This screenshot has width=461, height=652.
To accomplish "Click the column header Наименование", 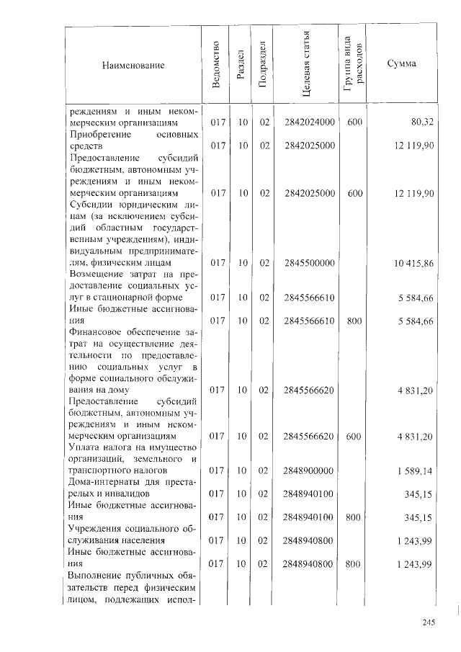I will (133, 66).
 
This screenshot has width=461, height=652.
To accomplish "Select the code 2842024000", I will (310, 123).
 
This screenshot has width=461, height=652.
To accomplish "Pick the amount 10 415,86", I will (413, 264).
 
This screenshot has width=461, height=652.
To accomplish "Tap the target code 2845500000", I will (310, 264).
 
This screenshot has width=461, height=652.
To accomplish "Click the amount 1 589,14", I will (414, 470).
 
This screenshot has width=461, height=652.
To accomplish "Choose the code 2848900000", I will (310, 470).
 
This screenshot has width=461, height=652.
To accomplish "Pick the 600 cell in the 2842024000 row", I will (354, 123).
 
